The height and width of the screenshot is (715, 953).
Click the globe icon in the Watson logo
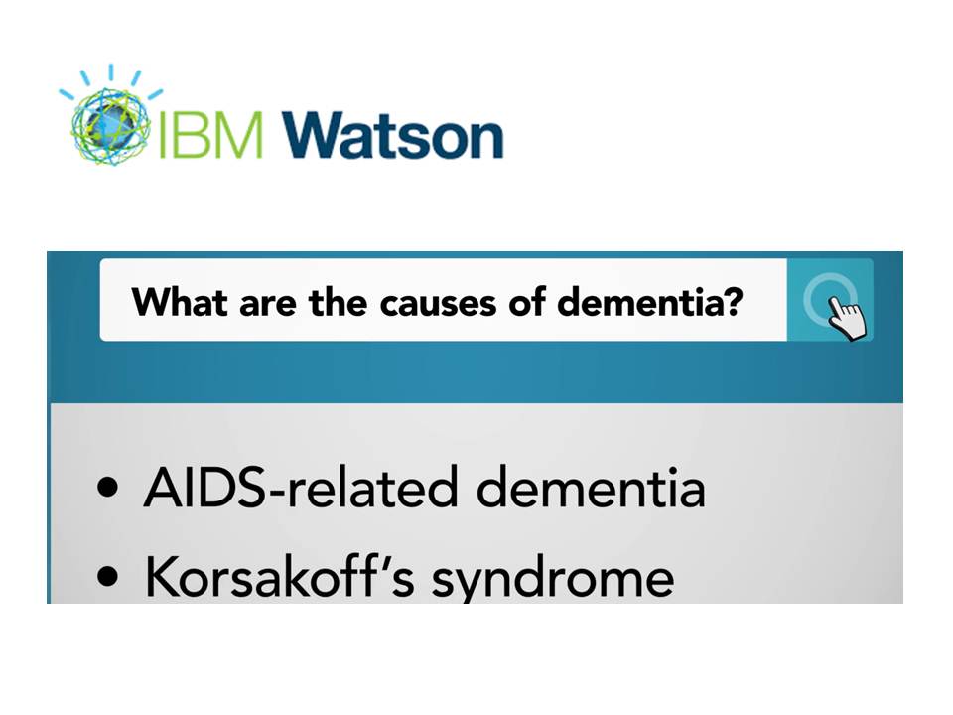click(110, 125)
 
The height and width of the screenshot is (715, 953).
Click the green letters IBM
click(209, 134)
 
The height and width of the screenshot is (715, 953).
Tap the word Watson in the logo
click(393, 134)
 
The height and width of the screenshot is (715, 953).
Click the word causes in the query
click(438, 303)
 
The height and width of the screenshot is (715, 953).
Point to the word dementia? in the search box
click(649, 301)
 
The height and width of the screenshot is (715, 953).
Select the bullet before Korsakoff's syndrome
click(107, 576)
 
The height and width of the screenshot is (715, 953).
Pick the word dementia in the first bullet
click(590, 487)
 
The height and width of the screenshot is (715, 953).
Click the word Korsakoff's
click(280, 575)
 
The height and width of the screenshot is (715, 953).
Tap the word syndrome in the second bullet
click(553, 579)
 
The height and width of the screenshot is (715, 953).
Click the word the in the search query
click(338, 301)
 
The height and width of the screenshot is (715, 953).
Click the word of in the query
click(526, 301)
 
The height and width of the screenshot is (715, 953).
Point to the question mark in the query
click(733, 301)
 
